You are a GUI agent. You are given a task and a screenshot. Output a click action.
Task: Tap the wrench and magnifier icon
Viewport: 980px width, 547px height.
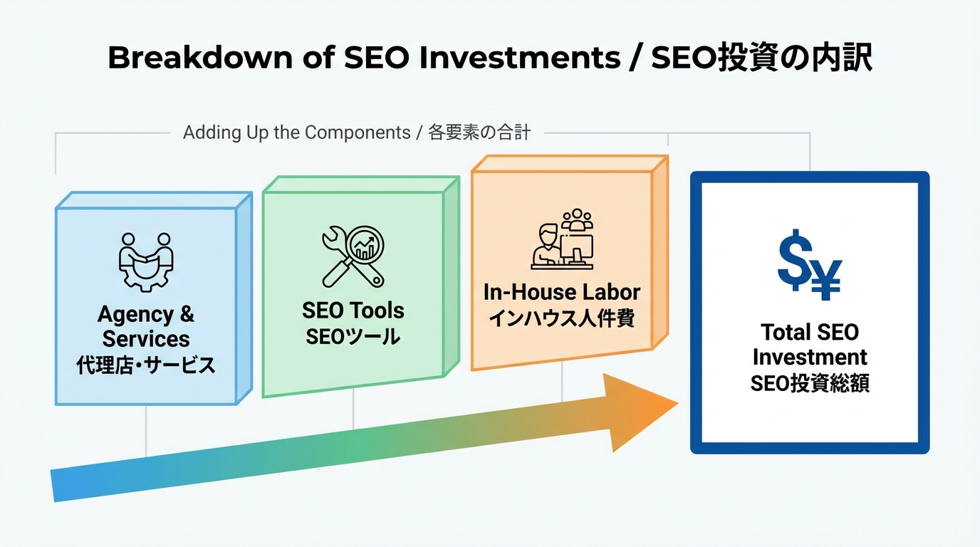[353, 256]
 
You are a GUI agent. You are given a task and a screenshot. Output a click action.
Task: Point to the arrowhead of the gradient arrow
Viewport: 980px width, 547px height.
[637, 411]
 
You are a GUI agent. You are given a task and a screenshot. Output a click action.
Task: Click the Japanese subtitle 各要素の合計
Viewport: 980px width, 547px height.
[479, 132]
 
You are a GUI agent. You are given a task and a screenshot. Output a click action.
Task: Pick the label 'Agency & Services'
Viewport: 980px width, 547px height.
[145, 326]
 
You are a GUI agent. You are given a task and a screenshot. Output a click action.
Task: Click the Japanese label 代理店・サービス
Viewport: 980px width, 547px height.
[145, 365]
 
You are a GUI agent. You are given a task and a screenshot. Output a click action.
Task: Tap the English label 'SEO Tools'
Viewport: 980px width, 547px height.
[353, 311]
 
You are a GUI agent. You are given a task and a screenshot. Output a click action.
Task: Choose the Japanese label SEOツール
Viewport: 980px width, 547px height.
[353, 336]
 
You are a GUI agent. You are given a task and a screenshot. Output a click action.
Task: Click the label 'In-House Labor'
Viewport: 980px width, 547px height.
[562, 292]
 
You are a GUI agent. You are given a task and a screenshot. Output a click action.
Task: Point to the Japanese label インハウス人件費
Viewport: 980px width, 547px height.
[562, 318]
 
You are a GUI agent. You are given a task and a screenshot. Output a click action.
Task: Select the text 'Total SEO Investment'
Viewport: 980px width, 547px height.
[810, 344]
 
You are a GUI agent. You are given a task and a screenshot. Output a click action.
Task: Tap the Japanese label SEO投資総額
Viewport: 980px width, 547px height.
[810, 383]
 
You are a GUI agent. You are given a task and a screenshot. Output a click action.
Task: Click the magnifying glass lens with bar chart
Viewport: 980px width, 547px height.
[365, 245]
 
